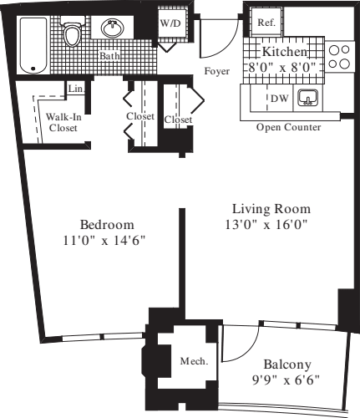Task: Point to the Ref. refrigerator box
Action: click(x=266, y=23)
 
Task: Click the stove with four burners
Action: click(x=339, y=57)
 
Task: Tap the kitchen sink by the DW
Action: click(x=309, y=99)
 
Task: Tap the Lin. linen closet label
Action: click(x=75, y=88)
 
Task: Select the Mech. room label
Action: click(x=195, y=360)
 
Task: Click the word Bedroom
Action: click(x=107, y=225)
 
